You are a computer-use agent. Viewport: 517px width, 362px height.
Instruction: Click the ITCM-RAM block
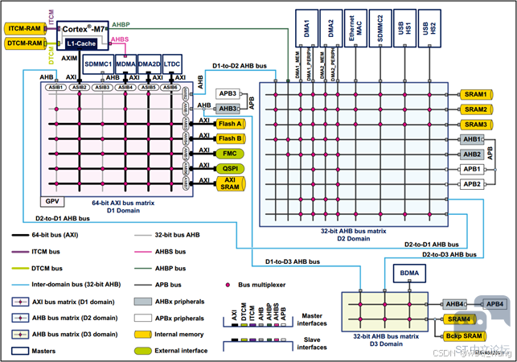[23, 28]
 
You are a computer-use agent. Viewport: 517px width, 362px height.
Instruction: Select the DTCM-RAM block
[23, 43]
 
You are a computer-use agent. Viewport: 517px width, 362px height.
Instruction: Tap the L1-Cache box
[82, 43]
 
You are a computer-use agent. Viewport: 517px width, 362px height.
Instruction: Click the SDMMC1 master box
[97, 64]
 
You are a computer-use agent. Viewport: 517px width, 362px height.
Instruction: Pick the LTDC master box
[171, 64]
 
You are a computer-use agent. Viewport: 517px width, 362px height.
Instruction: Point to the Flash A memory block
[231, 124]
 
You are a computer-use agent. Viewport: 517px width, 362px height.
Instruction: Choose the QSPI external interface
[230, 167]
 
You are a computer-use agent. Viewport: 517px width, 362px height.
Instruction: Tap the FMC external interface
[230, 153]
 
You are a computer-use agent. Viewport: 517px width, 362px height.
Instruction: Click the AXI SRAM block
[231, 183]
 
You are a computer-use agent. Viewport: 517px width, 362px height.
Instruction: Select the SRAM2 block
[475, 109]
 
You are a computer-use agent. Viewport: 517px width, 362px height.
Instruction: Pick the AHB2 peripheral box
[472, 154]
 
